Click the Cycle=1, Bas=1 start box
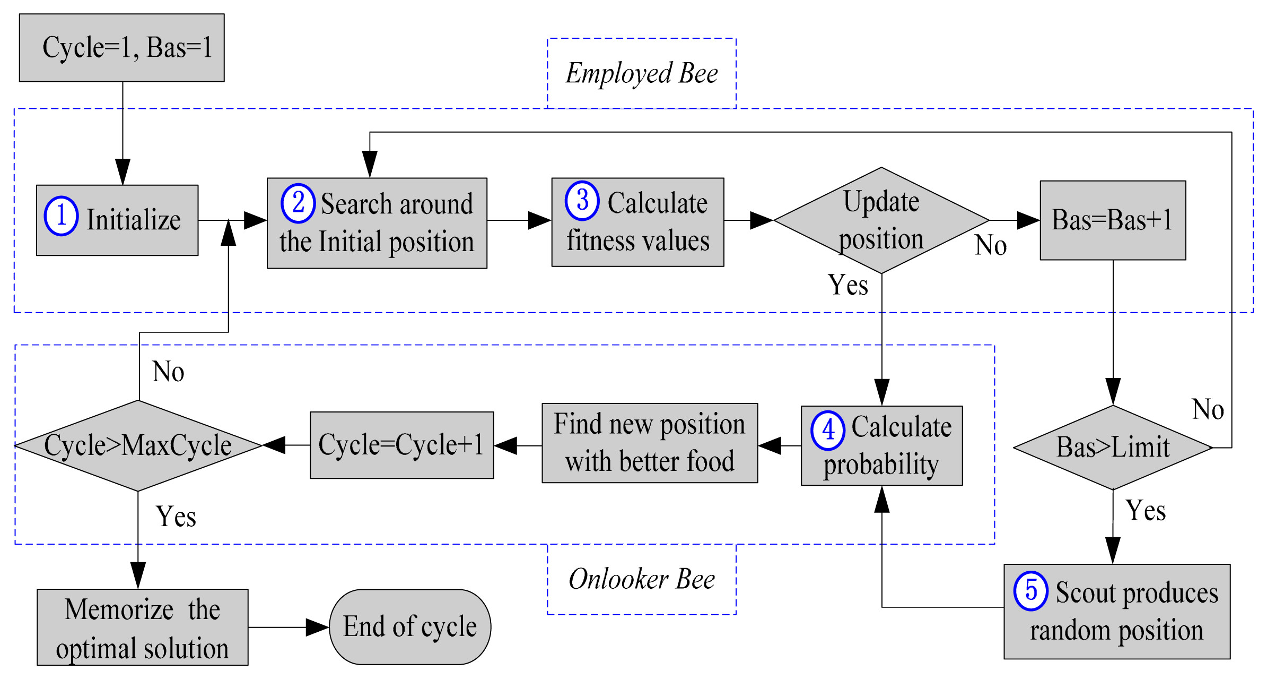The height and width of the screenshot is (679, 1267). (121, 48)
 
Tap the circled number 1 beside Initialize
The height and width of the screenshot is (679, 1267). (61, 216)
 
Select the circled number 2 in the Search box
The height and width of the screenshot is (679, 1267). (298, 203)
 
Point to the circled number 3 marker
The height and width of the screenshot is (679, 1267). (582, 201)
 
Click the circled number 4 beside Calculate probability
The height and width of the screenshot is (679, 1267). (827, 430)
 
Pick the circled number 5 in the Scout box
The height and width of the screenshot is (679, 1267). (1030, 590)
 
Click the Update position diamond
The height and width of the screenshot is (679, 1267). (881, 220)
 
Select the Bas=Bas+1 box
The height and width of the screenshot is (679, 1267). (1112, 220)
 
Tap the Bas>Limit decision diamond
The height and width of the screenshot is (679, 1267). (1112, 448)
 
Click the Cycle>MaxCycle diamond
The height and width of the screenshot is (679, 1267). (138, 445)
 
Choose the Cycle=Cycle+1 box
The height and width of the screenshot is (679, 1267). (401, 445)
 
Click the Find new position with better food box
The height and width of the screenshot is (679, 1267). (649, 443)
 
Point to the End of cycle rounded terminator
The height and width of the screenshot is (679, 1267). (410, 627)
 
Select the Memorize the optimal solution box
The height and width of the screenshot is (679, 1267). (142, 627)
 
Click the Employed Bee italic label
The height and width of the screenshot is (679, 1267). (641, 73)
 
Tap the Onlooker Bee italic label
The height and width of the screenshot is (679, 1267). (641, 579)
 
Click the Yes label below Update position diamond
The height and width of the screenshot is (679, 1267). (847, 285)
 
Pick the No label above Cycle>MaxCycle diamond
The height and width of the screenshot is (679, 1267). (168, 372)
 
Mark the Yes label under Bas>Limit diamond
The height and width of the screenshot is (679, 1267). (1146, 511)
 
